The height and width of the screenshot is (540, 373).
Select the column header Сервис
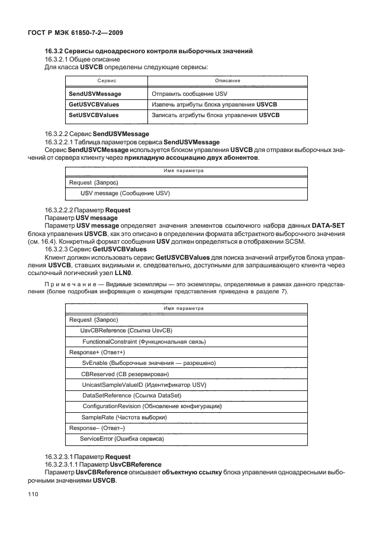107,80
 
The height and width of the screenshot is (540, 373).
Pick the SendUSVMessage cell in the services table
95,94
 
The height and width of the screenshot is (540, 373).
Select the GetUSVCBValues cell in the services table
94,104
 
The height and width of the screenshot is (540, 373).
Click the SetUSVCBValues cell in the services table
94,115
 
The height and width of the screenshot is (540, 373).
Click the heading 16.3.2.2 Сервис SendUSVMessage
97,134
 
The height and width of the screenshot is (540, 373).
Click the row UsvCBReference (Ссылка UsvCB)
126,330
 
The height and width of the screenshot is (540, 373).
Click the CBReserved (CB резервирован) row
126,374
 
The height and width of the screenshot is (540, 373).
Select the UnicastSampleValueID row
152,384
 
